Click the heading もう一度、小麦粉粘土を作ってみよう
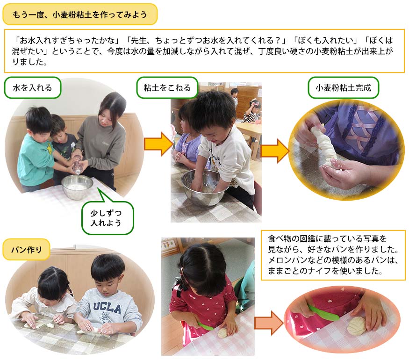[x=80, y=14]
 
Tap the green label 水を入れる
[x=32, y=87]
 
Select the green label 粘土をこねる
[x=167, y=87]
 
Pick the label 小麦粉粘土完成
[x=343, y=87]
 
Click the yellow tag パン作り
[x=26, y=250]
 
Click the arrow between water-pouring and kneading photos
[x=158, y=144]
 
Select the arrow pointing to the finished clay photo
[x=275, y=151]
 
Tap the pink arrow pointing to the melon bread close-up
[x=269, y=323]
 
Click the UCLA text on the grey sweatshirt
[x=107, y=308]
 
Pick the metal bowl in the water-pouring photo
[x=77, y=187]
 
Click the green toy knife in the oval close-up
[x=323, y=312]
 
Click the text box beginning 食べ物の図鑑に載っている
[x=333, y=255]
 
